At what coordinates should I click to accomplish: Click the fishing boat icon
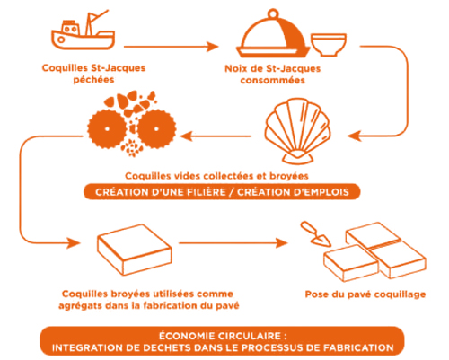point(83,33)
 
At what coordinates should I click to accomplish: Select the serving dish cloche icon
point(273,34)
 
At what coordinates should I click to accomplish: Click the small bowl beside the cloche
point(329,45)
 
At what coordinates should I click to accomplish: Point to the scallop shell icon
point(297,131)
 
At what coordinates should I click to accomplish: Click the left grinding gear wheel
point(107,129)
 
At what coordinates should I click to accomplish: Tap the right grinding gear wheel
point(156,129)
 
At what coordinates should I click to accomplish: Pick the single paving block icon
point(135,250)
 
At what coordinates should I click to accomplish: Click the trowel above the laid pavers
point(315,233)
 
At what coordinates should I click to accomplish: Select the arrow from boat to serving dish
point(172,47)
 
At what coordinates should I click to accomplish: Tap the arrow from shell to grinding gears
point(216,136)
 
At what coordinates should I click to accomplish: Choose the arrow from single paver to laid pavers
point(233,242)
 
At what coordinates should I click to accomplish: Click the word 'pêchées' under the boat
point(93,80)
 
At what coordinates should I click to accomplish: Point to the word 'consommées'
point(273,81)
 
